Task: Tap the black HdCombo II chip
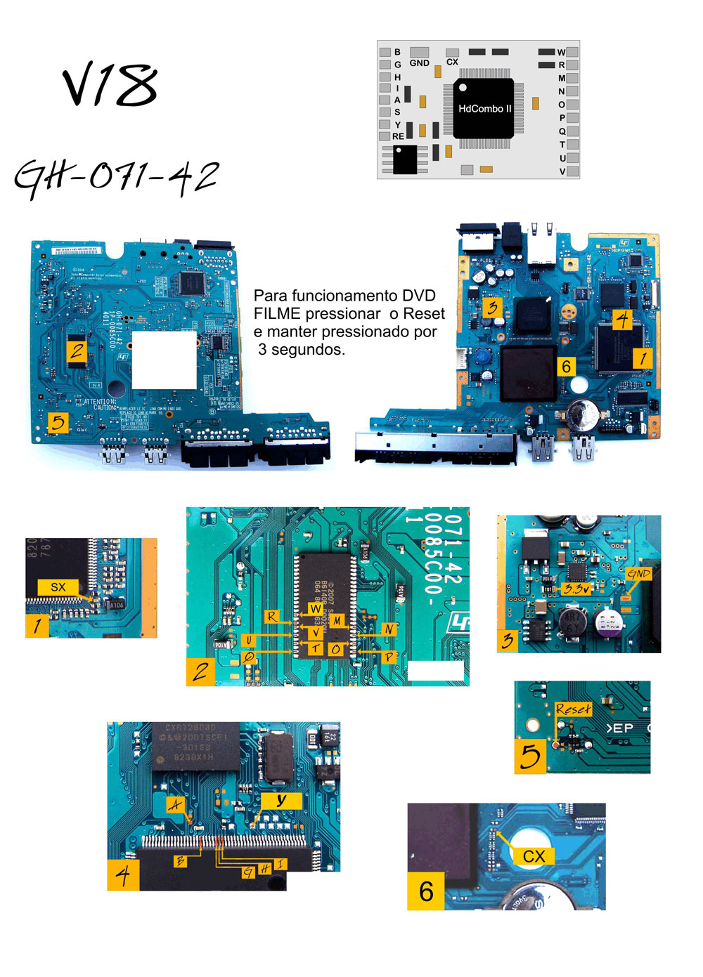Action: [484, 108]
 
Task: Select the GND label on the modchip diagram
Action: [420, 63]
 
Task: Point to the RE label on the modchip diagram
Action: [398, 136]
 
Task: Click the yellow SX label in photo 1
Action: [58, 587]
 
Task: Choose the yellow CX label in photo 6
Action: [534, 856]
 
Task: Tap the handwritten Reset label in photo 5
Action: [573, 709]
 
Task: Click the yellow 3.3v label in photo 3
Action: [576, 589]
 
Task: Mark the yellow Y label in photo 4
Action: [281, 800]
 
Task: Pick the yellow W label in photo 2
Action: [316, 608]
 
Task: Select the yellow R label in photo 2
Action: [271, 617]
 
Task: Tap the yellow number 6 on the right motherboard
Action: [566, 366]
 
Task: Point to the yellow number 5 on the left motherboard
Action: [58, 422]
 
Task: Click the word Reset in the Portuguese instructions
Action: [424, 314]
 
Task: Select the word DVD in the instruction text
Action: [418, 296]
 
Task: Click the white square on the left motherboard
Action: [165, 360]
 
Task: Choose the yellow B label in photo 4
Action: [181, 860]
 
